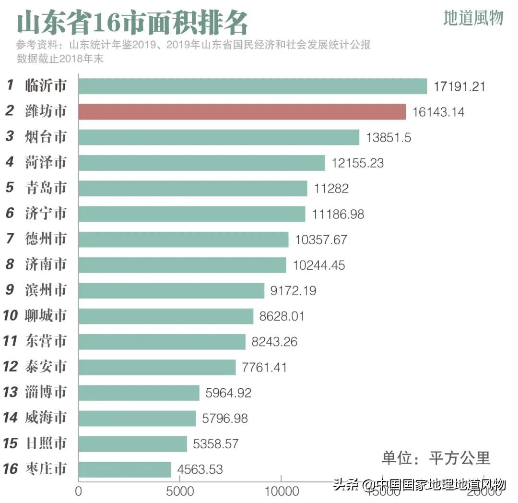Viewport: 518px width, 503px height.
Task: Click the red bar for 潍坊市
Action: (242, 112)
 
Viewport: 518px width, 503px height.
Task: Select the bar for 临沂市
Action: (252, 86)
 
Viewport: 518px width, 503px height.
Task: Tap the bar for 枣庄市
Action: (125, 469)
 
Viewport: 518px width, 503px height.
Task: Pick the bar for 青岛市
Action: (192, 188)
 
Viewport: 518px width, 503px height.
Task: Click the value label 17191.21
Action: (459, 87)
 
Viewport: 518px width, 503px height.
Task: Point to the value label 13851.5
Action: (388, 137)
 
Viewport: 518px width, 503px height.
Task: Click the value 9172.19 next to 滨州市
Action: (294, 290)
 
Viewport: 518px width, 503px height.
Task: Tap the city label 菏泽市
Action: (46, 163)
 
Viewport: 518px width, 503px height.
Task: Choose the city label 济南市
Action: (46, 264)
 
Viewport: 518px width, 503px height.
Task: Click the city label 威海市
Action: (46, 418)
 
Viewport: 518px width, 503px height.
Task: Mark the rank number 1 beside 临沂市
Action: (10, 86)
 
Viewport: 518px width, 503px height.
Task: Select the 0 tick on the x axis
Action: (79, 492)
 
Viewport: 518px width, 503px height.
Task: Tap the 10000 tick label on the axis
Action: (281, 492)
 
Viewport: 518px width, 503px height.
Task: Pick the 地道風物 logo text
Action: (473, 18)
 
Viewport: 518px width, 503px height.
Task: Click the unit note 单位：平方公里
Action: (436, 458)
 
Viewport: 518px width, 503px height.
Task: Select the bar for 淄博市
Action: (139, 393)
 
